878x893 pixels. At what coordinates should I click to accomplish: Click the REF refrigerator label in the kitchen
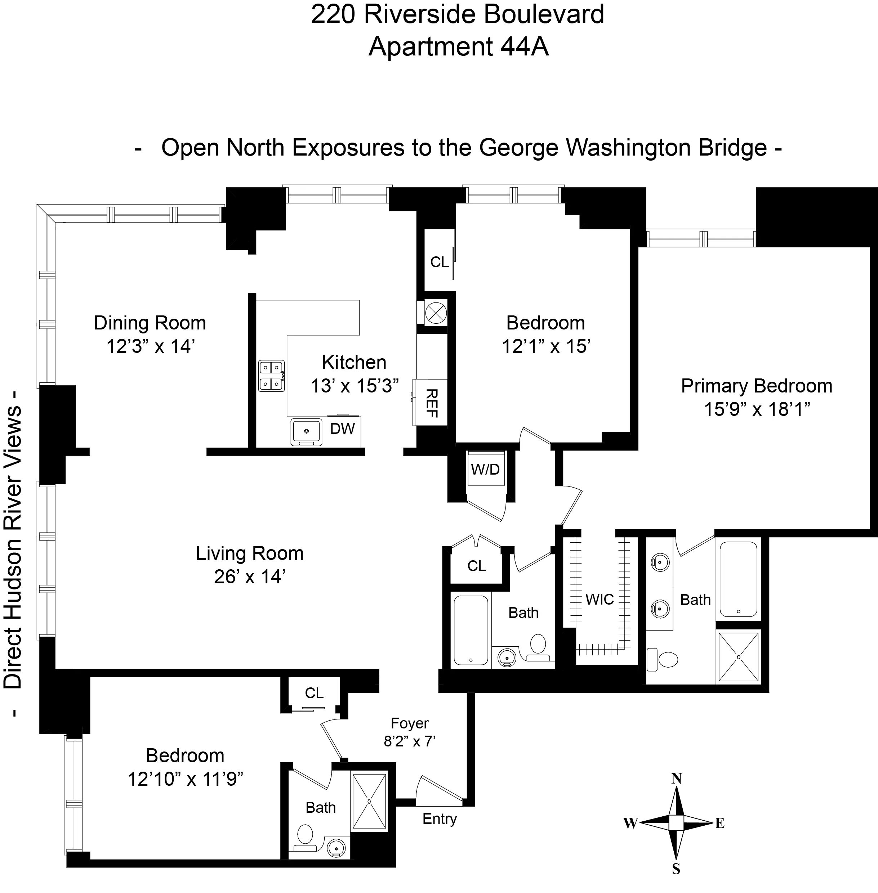point(431,403)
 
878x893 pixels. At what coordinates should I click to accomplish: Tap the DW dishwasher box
point(342,429)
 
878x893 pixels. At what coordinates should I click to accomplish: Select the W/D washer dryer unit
point(485,469)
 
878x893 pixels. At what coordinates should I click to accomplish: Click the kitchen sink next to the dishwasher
point(306,432)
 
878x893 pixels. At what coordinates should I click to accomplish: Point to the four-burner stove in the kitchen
point(271,376)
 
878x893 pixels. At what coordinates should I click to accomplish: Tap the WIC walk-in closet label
point(600,600)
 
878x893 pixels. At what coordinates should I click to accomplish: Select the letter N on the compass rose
point(676,779)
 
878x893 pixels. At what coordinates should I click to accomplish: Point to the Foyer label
point(410,723)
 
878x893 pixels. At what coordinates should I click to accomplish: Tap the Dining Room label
point(150,323)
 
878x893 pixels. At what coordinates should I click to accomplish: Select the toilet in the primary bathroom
point(667,659)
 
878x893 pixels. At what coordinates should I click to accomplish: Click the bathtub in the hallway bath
point(471,631)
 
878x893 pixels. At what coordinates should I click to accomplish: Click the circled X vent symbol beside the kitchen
point(433,313)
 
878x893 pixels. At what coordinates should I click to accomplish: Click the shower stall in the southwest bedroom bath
point(369,802)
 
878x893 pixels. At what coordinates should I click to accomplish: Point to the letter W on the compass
point(630,823)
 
